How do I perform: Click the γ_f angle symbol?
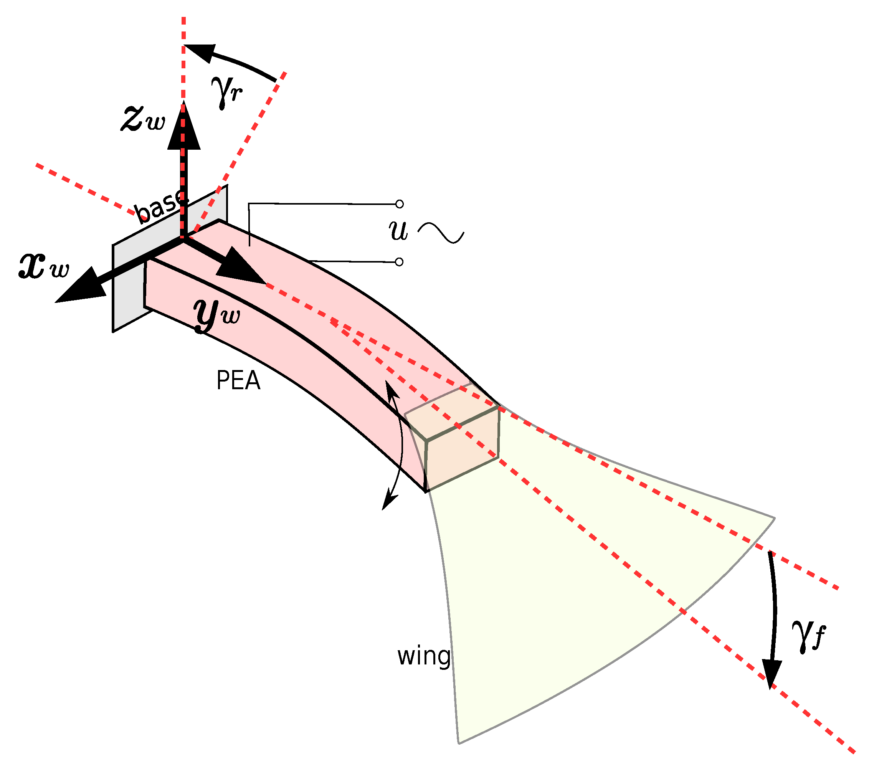(807, 636)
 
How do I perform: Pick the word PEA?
(238, 380)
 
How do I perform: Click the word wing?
(424, 657)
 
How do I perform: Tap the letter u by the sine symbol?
(398, 230)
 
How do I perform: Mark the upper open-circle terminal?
(399, 204)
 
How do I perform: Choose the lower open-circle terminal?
(399, 262)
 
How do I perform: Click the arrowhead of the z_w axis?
(184, 128)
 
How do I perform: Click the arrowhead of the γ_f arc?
(772, 673)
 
